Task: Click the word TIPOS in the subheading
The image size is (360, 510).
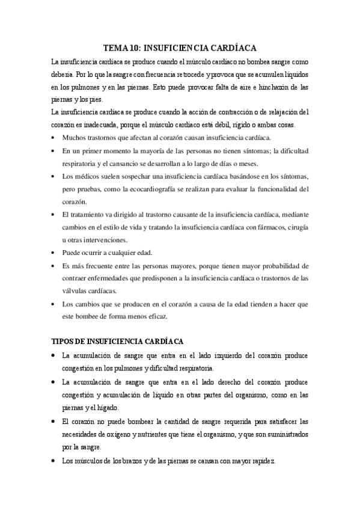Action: click(x=64, y=341)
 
